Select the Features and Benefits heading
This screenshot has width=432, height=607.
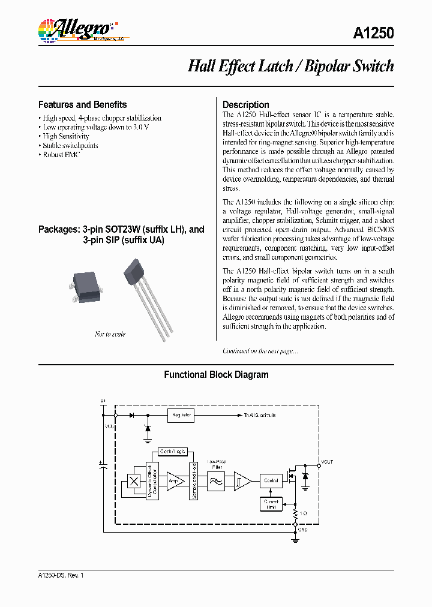(82, 104)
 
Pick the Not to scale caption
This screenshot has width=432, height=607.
(110, 334)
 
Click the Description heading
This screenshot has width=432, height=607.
(246, 104)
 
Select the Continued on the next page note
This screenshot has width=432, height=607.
(260, 351)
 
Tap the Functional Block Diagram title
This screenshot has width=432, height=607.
(216, 375)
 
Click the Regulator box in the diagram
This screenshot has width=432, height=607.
(181, 414)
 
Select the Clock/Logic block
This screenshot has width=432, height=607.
(173, 451)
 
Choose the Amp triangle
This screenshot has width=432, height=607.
(175, 480)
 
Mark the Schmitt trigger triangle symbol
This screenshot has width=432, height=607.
(242, 480)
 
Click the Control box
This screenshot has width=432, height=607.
(271, 480)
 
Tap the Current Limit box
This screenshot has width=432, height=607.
(271, 505)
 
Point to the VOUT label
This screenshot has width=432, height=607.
(327, 462)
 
